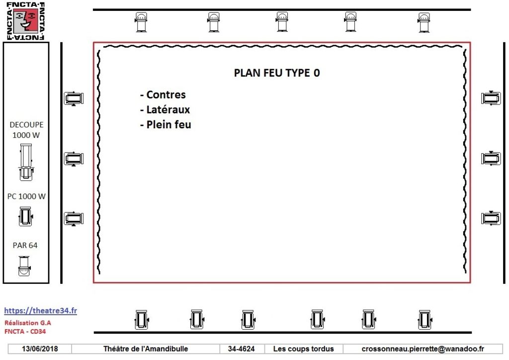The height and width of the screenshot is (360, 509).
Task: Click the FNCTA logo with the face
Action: (26, 21)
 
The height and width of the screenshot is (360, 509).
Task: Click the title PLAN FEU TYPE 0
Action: (277, 73)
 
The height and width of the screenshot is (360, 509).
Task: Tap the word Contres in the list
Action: (166, 94)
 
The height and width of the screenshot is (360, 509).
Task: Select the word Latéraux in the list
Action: (168, 109)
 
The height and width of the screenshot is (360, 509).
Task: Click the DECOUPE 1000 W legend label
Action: (26, 130)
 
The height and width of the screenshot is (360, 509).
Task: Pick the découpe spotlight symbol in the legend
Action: (26, 162)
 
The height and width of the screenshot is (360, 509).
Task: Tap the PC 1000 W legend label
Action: (26, 196)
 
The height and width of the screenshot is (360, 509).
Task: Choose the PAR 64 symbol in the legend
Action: (24, 266)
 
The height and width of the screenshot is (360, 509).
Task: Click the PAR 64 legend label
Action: (25, 246)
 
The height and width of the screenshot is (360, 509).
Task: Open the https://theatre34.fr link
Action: (41, 311)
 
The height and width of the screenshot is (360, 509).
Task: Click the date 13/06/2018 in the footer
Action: (40, 349)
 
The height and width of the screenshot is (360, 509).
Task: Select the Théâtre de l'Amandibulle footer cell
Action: (146, 349)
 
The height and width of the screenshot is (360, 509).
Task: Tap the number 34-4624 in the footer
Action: (241, 349)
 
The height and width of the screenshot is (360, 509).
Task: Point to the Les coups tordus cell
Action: (304, 349)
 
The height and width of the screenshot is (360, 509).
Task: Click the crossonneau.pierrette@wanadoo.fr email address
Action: (423, 349)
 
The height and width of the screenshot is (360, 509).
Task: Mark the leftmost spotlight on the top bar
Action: (141, 22)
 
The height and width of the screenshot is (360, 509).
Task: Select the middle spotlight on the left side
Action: (74, 159)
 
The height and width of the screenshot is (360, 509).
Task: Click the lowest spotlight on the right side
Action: (491, 218)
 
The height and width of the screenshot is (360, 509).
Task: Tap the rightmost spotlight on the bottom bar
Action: (424, 319)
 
